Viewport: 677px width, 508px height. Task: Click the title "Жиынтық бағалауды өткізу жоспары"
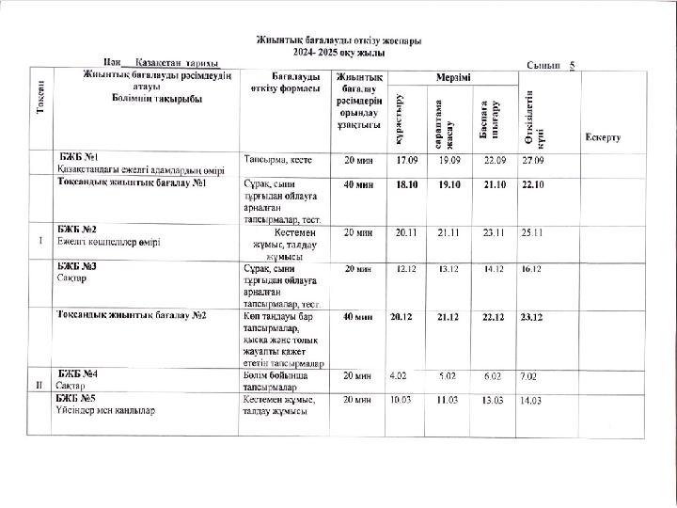338,41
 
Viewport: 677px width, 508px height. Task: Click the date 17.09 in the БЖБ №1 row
407,160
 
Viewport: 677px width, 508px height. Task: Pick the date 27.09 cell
532,160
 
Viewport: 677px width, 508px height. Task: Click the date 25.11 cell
532,231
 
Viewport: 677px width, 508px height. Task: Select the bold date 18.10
407,184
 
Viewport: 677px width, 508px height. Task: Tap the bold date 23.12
532,316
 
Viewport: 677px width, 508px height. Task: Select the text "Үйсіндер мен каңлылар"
105,411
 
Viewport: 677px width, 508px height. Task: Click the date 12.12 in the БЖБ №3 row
407,269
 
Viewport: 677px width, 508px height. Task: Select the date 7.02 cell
530,375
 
